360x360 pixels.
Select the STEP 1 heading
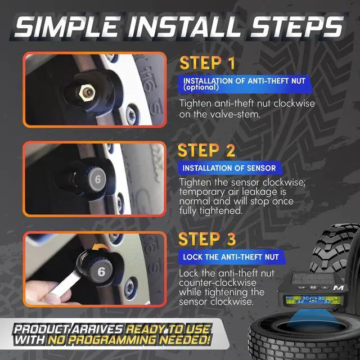(x=208, y=63)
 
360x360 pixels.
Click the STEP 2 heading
(x=206, y=150)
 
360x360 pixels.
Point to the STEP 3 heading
(x=207, y=239)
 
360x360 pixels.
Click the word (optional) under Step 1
(x=201, y=87)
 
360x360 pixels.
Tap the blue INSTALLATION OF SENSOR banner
(x=229, y=168)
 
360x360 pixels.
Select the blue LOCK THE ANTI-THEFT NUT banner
(x=231, y=256)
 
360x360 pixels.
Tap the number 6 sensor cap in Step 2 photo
(x=97, y=179)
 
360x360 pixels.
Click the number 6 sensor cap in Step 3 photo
(x=101, y=272)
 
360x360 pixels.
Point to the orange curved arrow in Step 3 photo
(x=99, y=247)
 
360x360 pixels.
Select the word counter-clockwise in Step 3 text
(x=218, y=282)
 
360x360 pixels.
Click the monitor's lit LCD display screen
(x=313, y=300)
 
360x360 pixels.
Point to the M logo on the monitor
(x=338, y=287)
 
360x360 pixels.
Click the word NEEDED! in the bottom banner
(x=185, y=340)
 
